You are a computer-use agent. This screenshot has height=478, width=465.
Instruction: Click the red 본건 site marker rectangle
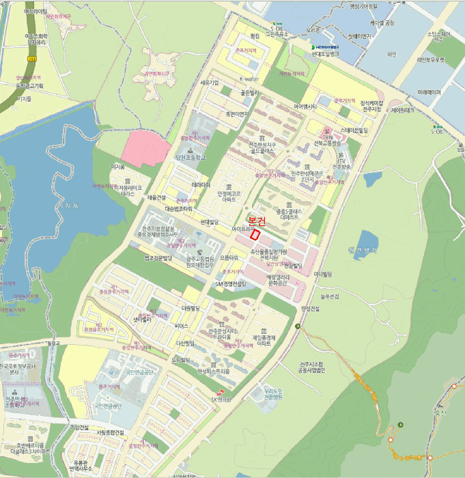coord(255,234)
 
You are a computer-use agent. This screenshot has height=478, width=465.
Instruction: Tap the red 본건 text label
coord(257,221)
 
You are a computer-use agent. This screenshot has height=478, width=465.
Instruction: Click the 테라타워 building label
coord(201,185)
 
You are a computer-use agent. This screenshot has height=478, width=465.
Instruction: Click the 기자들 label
coord(24,98)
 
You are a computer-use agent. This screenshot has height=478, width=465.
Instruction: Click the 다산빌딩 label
coord(186,343)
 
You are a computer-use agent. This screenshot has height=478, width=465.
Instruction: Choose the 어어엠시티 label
coord(305,106)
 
